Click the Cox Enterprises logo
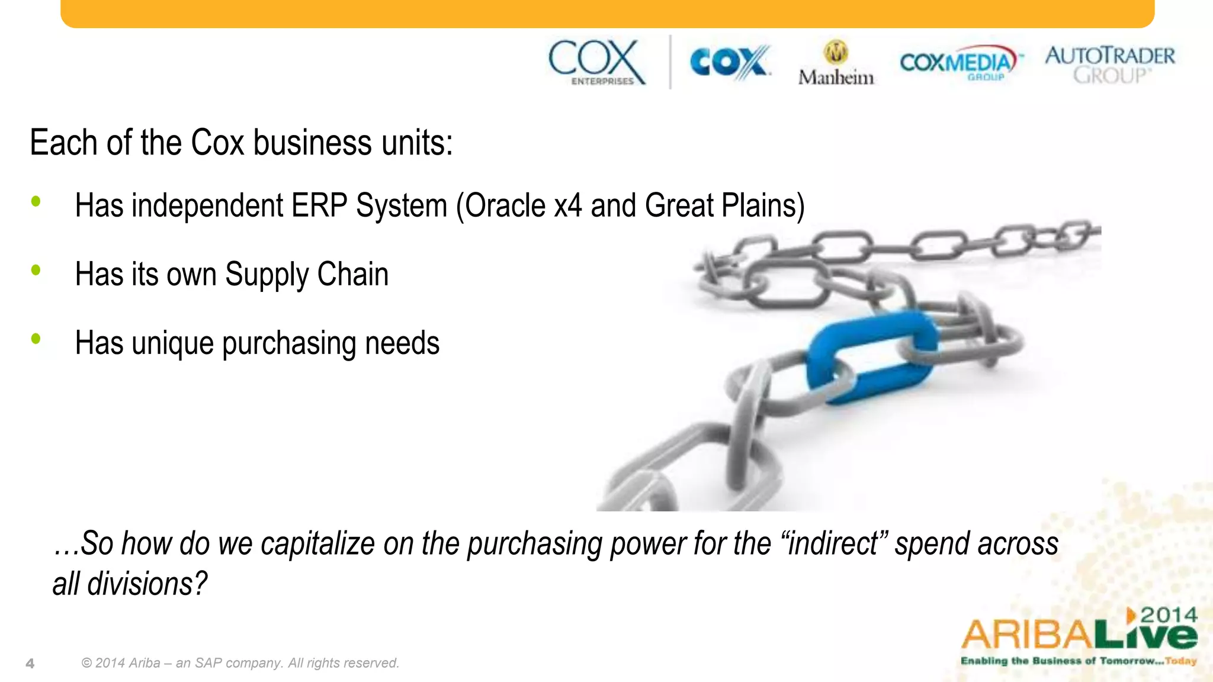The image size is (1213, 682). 596,62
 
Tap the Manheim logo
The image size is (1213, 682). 836,64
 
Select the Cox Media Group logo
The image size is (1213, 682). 960,62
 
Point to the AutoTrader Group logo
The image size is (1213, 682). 1110,64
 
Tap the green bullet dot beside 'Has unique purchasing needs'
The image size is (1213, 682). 36,339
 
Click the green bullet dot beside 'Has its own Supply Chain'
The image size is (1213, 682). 36,270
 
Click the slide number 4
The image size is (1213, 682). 30,664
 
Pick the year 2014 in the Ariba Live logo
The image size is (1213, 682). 1169,615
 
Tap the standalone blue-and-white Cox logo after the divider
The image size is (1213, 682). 730,62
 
